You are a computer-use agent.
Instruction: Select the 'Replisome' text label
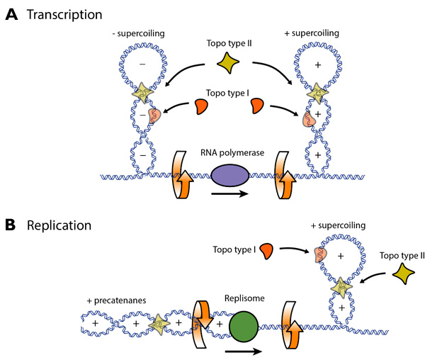pyautogui.click(x=246, y=299)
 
